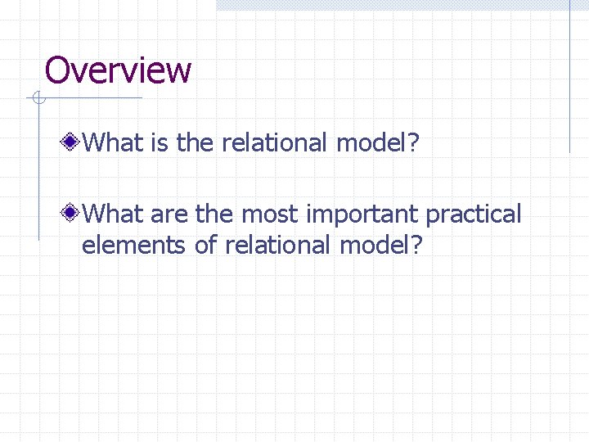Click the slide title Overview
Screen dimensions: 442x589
point(118,70)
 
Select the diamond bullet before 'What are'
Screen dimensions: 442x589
point(72,214)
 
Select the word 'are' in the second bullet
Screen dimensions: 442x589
point(169,214)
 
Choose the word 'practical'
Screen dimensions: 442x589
point(474,216)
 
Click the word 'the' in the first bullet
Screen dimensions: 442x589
point(194,143)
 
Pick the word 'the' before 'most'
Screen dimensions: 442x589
point(214,214)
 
